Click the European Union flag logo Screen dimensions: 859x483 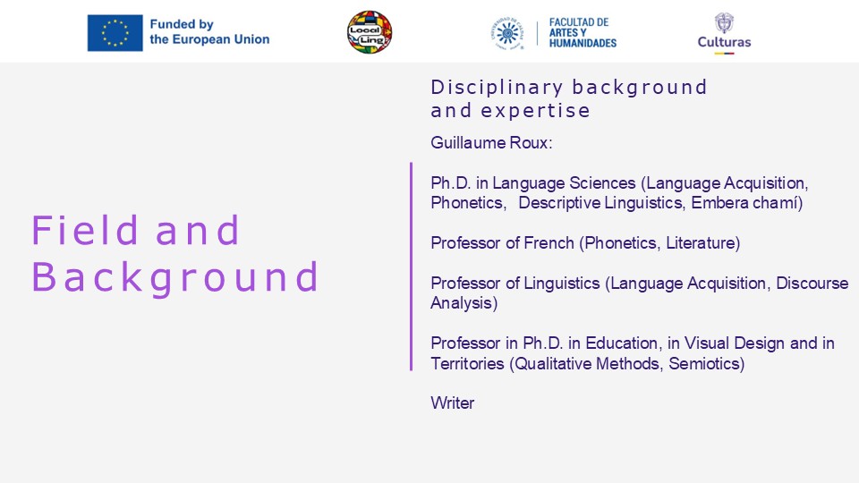pos(115,33)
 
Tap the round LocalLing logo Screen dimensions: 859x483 pos(370,32)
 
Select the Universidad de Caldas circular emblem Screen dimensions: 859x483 pos(507,33)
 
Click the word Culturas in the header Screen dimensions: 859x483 pos(724,42)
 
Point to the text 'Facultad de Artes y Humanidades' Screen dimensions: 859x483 pos(583,33)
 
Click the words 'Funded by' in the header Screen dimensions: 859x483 pos(182,24)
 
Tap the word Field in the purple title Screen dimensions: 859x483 pos(84,230)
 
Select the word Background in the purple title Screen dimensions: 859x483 pos(175,277)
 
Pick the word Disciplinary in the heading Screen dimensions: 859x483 pos(497,88)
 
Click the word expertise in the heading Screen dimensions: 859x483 pos(535,111)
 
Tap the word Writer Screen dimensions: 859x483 pos(453,403)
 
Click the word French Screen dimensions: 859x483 pos(549,243)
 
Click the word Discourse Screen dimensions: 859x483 pos(812,284)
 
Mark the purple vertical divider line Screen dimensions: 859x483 pos(411,267)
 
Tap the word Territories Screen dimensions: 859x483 pos(467,364)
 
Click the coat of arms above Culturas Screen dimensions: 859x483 pos(724,23)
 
